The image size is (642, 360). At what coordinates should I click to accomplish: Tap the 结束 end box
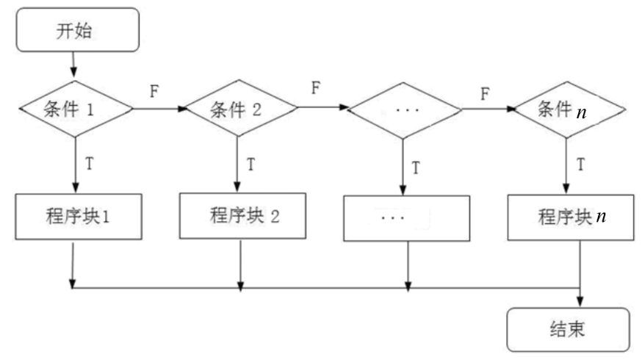click(x=569, y=329)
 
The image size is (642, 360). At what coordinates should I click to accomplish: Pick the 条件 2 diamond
click(x=241, y=110)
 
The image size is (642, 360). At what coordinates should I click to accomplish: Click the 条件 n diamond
click(x=569, y=110)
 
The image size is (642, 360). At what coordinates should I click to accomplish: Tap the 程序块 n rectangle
click(x=569, y=218)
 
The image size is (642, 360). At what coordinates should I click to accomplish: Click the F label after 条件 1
click(x=155, y=93)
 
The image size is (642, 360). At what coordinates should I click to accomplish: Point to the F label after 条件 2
click(x=316, y=90)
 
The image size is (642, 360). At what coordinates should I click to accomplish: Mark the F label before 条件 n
click(x=486, y=93)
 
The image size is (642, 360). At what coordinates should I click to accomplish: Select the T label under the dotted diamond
click(x=416, y=168)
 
